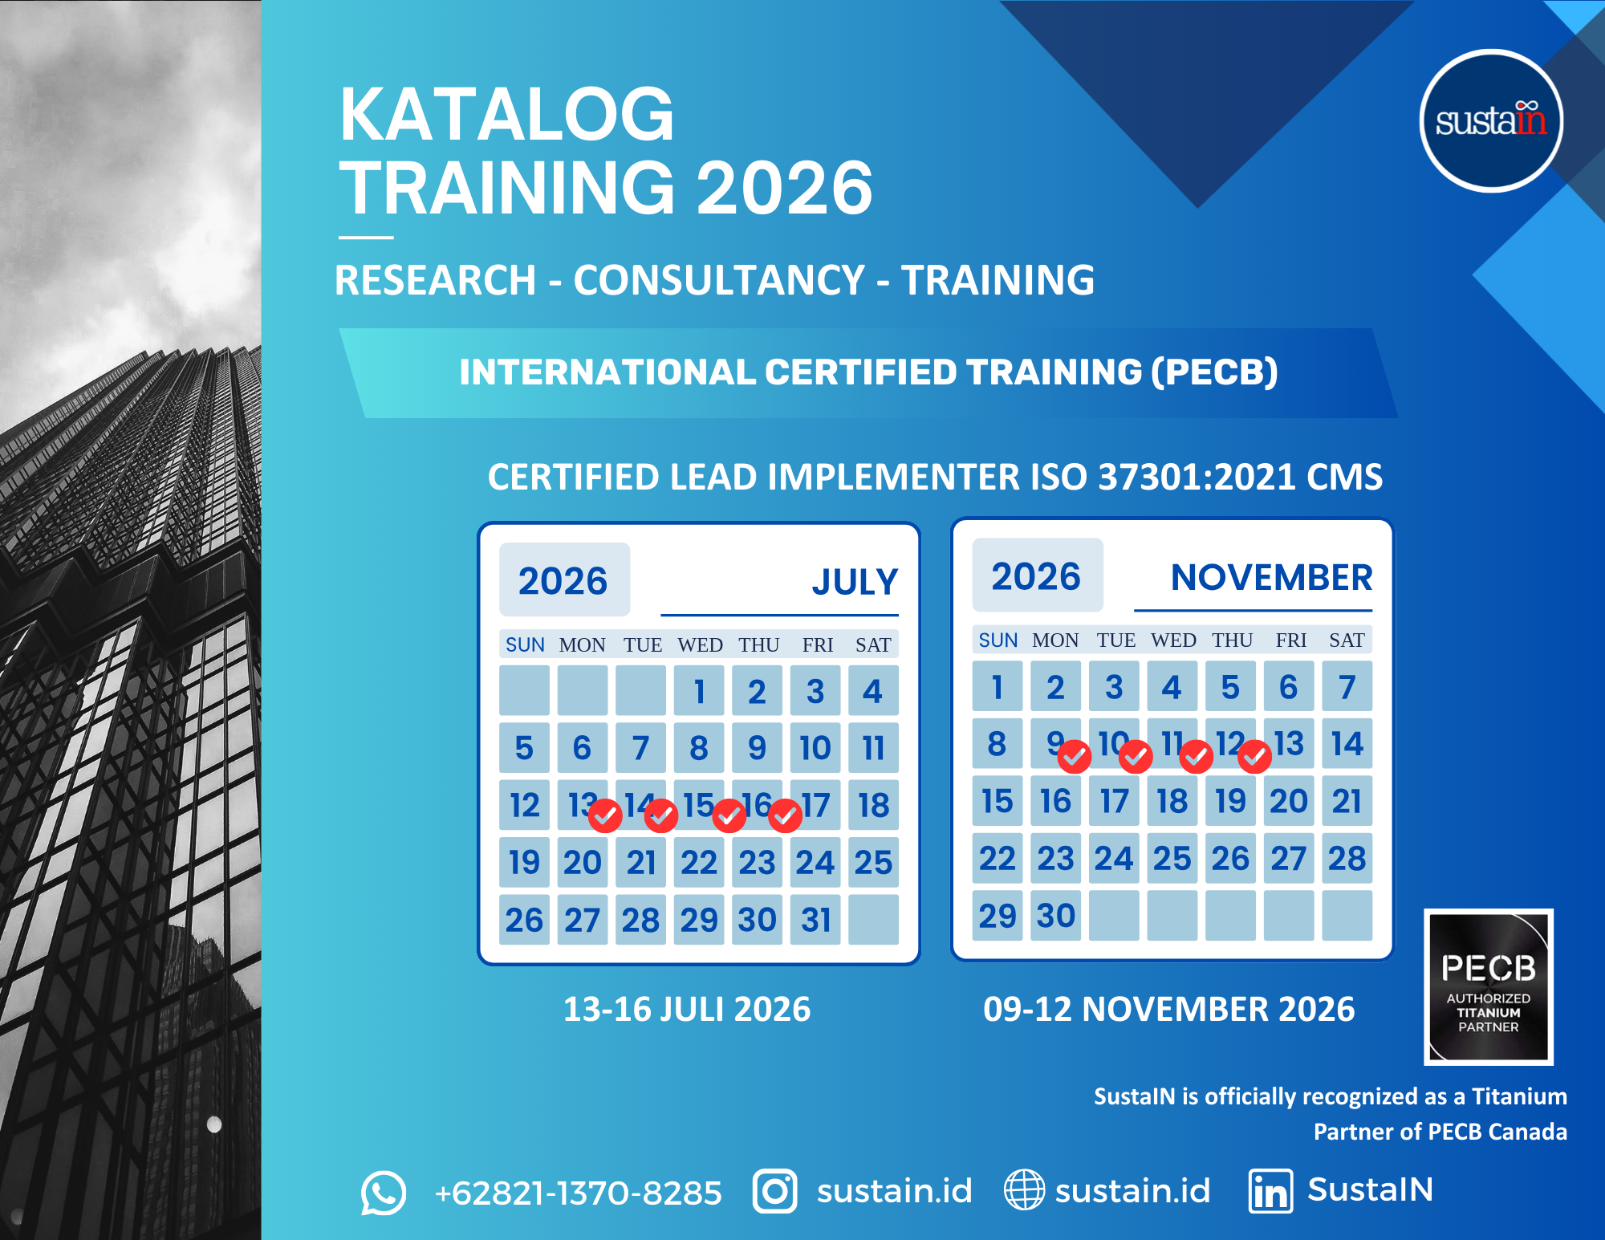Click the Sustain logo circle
[x=1491, y=121]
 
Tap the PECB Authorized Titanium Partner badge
[x=1489, y=987]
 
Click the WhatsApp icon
[x=384, y=1193]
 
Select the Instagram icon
[x=775, y=1191]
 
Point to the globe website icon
[x=1025, y=1189]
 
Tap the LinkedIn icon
[x=1271, y=1191]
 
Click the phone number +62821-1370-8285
[x=578, y=1193]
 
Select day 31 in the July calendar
[x=815, y=920]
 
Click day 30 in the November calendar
[x=1055, y=916]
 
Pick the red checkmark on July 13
[x=605, y=816]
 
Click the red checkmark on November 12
[x=1255, y=756]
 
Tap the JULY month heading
[x=855, y=582]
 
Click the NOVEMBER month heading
[x=1271, y=578]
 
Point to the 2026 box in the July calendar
[x=564, y=579]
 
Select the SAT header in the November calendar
[x=1347, y=640]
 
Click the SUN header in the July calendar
[x=525, y=645]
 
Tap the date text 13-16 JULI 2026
[x=687, y=1009]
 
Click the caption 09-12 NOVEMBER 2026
[x=1169, y=1009]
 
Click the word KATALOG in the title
[x=507, y=114]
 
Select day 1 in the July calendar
[x=699, y=691]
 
